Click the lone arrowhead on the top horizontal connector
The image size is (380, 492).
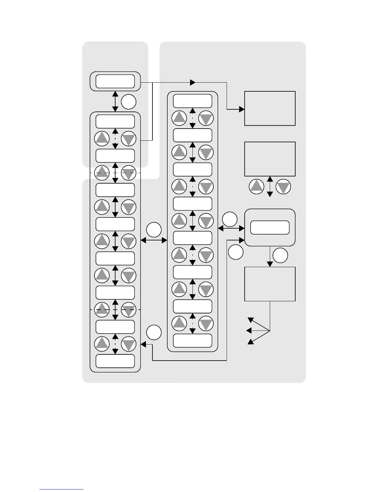pyautogui.click(x=193, y=83)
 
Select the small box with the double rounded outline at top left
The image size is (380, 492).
pyautogui.click(x=115, y=81)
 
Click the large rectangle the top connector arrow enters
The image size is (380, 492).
pyautogui.click(x=270, y=108)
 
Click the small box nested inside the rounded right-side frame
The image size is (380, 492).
pyautogui.click(x=270, y=227)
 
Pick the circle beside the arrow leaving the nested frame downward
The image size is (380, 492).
pyautogui.click(x=280, y=255)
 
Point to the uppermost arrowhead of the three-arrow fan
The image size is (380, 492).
pyautogui.click(x=250, y=320)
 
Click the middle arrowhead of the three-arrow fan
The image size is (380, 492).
pyautogui.click(x=249, y=331)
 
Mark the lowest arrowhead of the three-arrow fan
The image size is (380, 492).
pyautogui.click(x=250, y=342)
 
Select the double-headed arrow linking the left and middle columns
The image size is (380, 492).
pyautogui.click(x=154, y=240)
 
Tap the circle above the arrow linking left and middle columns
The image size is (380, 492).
pyautogui.click(x=154, y=230)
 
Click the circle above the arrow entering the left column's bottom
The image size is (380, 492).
pyautogui.click(x=154, y=332)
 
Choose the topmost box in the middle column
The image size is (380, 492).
pyautogui.click(x=192, y=101)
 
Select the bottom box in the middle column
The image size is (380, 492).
pyautogui.click(x=192, y=340)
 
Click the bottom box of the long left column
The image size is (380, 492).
pyautogui.click(x=115, y=361)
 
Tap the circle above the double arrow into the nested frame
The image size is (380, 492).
pyautogui.click(x=230, y=219)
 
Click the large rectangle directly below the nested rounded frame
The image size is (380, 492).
pyautogui.click(x=270, y=284)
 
